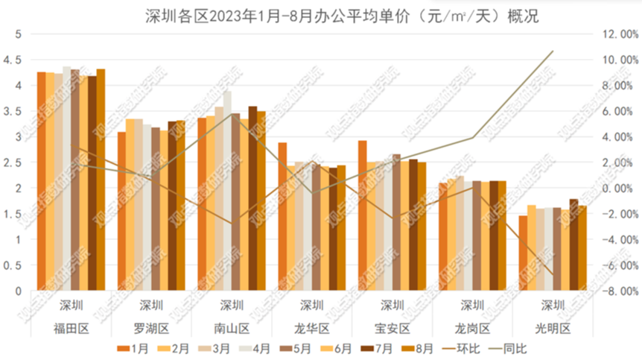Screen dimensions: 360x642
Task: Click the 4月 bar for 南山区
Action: coord(227,190)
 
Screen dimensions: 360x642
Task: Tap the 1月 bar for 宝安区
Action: coord(362,215)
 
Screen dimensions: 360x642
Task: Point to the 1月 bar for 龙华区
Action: coord(282,216)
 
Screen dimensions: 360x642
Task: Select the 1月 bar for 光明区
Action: coord(523,253)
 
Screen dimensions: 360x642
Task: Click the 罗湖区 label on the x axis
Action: coord(152,328)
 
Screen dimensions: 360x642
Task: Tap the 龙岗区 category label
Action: coord(472,328)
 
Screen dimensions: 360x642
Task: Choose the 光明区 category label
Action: coord(553,328)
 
